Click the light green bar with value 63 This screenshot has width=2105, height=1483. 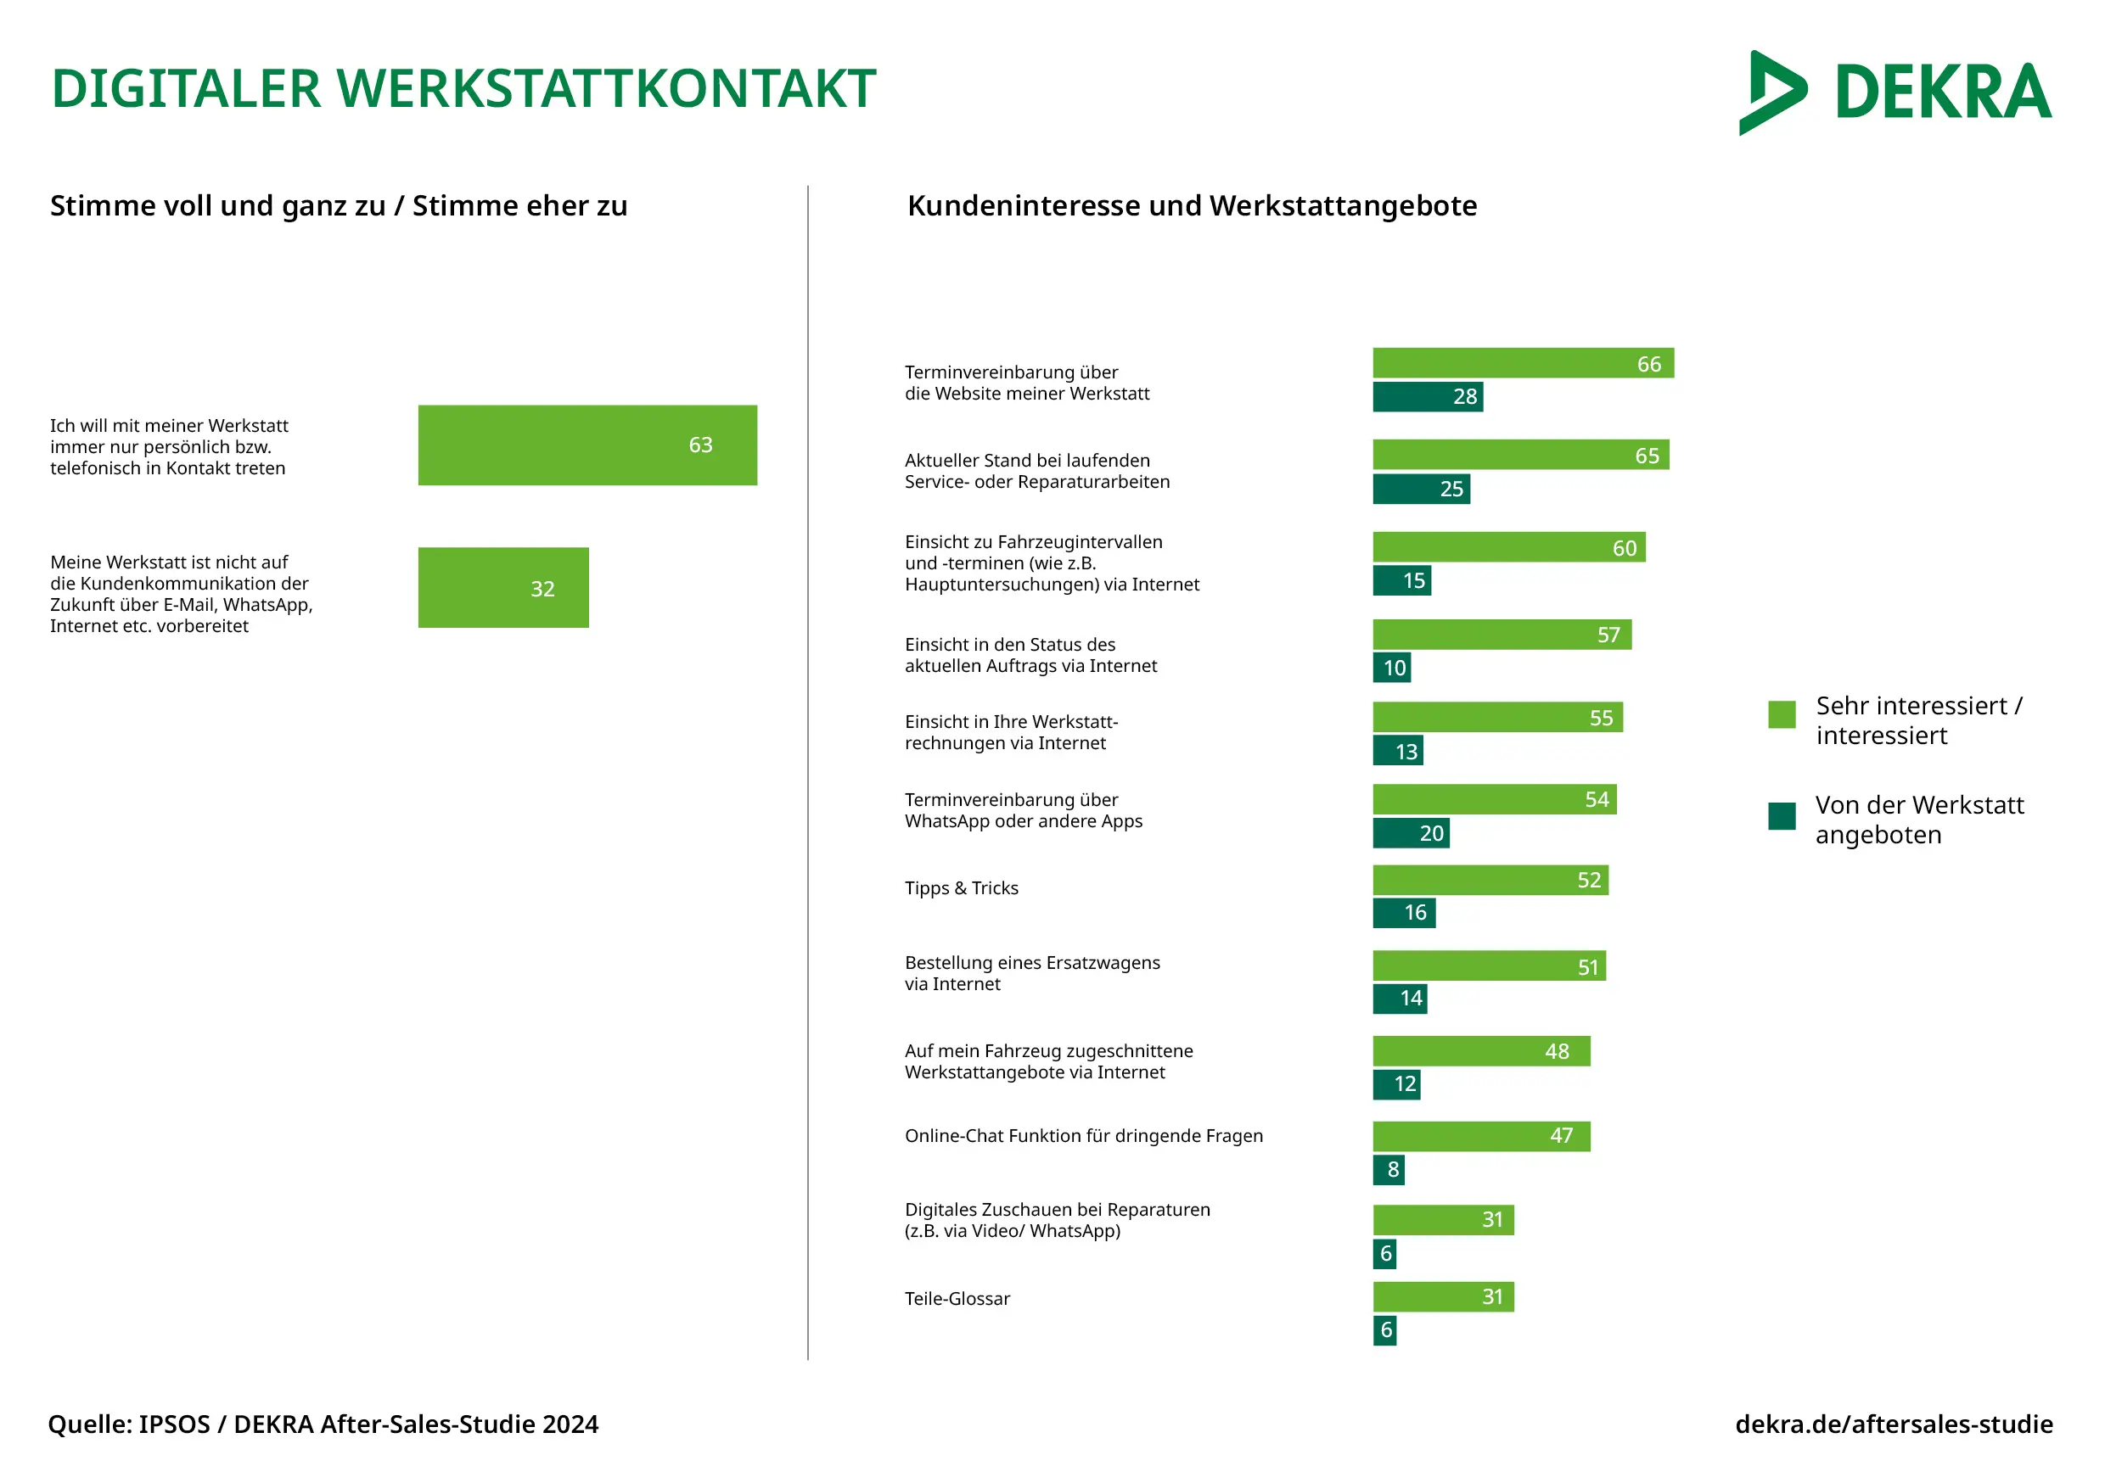[587, 445]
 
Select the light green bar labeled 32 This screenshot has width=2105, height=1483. [502, 588]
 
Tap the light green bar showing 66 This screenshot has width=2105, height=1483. [1522, 363]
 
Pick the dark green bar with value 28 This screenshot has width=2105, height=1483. [1427, 397]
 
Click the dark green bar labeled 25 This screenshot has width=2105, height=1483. [1420, 489]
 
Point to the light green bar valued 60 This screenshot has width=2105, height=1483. [1508, 547]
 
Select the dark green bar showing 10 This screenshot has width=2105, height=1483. [1391, 667]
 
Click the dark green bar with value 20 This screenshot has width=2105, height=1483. [1410, 833]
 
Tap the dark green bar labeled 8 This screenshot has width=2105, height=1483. [1388, 1170]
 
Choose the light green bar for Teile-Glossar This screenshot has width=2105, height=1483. [1442, 1297]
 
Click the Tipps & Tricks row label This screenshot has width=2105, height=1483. [961, 888]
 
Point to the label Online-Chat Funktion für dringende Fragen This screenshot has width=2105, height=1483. [1083, 1136]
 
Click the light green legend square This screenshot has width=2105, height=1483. [1781, 714]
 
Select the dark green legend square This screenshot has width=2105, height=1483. [1781, 816]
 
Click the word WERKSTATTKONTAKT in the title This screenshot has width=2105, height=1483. [606, 89]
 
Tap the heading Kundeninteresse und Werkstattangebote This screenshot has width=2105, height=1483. [1191, 206]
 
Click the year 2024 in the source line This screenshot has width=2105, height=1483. [570, 1424]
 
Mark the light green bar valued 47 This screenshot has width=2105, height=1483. [1480, 1137]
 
